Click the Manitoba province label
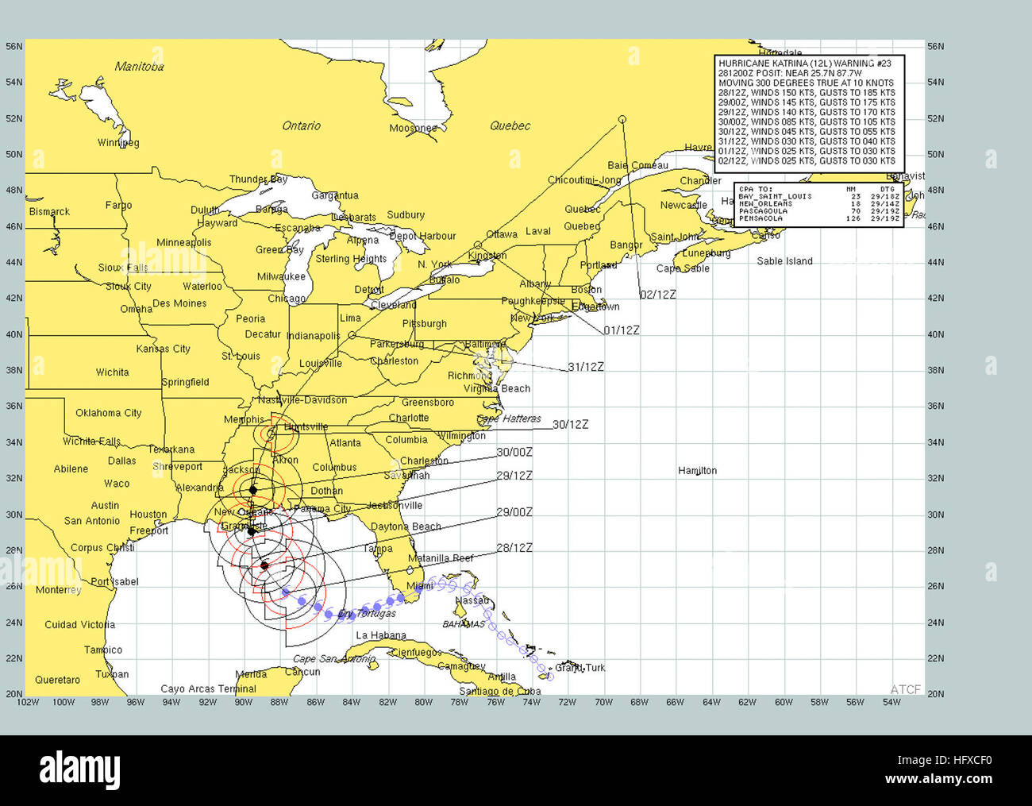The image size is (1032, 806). point(139,67)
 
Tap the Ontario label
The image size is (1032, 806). point(302,125)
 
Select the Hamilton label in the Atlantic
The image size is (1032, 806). point(697,471)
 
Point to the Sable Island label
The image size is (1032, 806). point(784,261)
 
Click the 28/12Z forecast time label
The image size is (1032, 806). point(514,548)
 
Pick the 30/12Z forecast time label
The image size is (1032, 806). point(570,425)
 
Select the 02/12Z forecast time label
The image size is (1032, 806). point(658,295)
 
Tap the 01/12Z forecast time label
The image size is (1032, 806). point(621,330)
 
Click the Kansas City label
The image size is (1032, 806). point(163,349)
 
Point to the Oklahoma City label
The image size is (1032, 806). point(109,413)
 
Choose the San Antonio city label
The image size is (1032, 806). point(92,521)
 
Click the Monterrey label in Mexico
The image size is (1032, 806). point(58,590)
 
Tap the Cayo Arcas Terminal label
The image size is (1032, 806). point(208,689)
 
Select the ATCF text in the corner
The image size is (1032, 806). point(905,689)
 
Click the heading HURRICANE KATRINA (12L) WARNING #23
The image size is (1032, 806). point(805,64)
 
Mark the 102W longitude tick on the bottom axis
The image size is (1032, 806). point(28,702)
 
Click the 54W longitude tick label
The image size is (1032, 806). point(891,702)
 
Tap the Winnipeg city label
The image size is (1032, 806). point(118,143)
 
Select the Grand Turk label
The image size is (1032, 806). point(580,668)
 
